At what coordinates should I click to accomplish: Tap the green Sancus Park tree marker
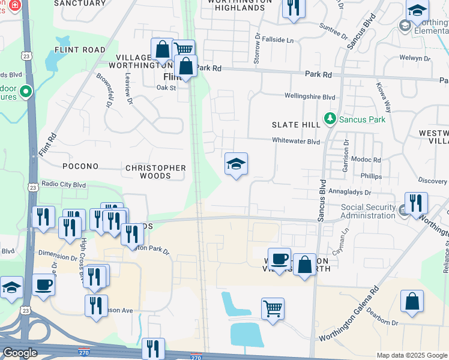(330, 119)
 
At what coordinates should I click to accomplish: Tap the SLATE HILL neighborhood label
(295, 124)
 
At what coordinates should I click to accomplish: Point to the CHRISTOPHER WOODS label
(155, 172)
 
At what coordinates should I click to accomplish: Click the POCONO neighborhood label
(80, 166)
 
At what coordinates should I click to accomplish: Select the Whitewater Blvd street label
(297, 142)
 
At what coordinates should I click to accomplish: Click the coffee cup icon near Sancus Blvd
(279, 259)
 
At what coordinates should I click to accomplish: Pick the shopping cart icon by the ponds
(273, 310)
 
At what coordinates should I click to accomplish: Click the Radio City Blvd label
(63, 185)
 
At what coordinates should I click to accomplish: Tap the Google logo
(20, 353)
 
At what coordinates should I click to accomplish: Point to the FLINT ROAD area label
(80, 50)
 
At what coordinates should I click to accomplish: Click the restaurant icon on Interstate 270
(153, 349)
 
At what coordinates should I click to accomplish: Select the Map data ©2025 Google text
(412, 355)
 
